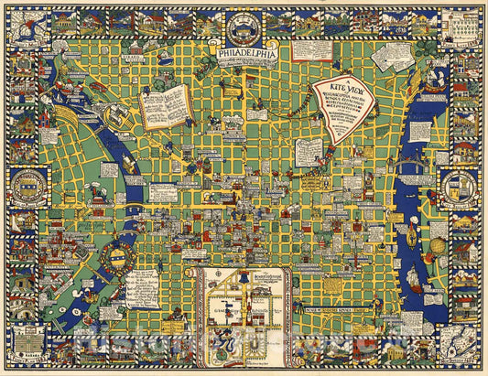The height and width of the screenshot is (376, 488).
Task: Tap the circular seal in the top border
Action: coord(244,22)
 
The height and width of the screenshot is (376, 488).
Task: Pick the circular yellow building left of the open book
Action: coord(116,116)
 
